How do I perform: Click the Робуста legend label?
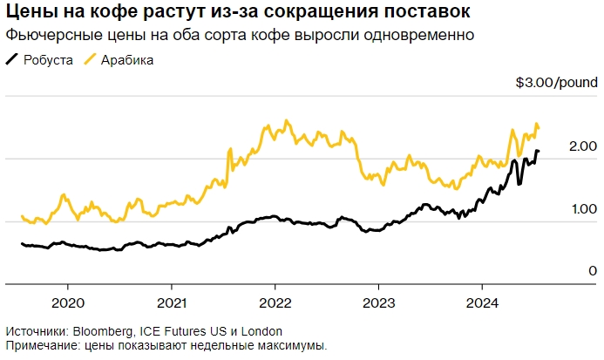[48, 60]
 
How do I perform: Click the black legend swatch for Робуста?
[12, 60]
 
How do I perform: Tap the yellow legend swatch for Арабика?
[90, 60]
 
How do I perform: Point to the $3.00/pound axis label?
[555, 84]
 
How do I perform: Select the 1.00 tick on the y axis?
[583, 209]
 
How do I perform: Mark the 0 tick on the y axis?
[592, 272]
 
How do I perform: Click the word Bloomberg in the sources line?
[104, 332]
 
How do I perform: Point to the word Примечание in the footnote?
[41, 346]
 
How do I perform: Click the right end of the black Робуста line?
[538, 152]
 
